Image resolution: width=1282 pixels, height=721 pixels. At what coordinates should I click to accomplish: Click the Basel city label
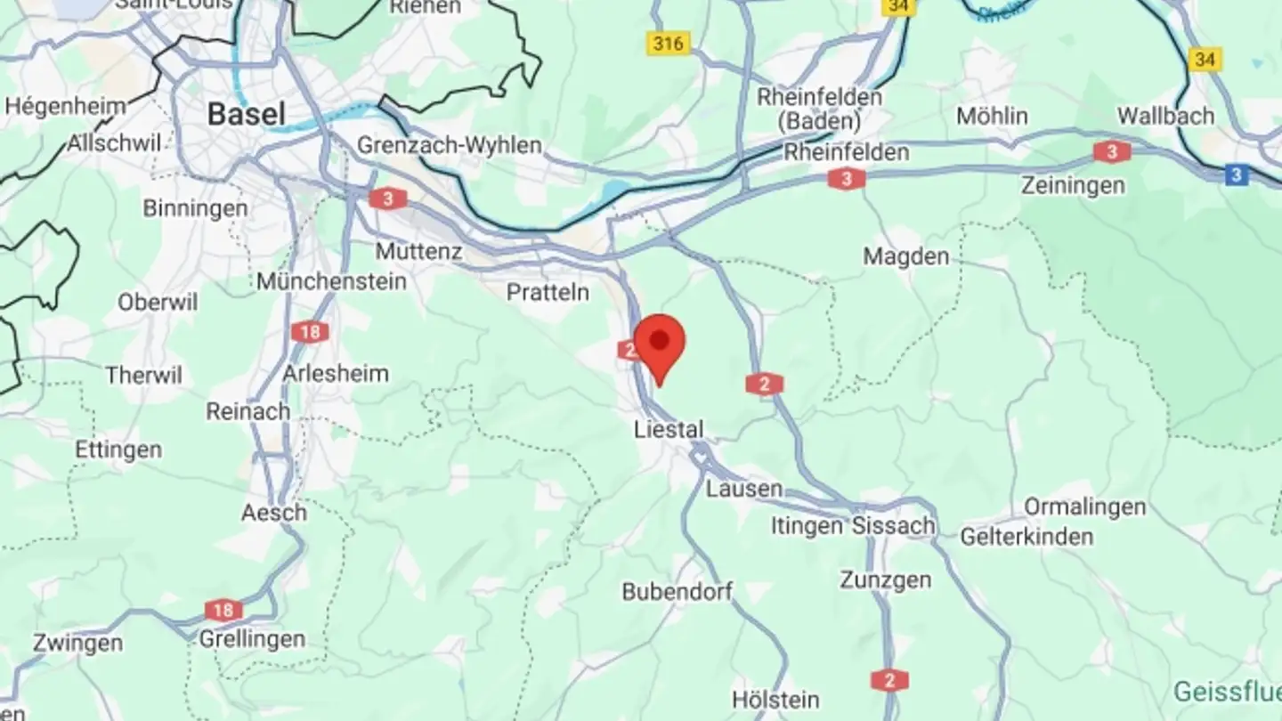[x=247, y=114]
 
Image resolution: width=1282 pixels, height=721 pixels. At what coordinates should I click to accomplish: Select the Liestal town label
[x=669, y=430]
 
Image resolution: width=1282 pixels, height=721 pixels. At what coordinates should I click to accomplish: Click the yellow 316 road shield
[x=668, y=42]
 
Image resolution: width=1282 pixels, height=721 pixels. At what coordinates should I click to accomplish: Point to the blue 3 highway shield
[x=1236, y=175]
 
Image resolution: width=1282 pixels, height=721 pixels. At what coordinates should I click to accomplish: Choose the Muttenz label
[x=418, y=252]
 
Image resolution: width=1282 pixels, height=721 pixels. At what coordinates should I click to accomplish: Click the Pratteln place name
[x=548, y=292]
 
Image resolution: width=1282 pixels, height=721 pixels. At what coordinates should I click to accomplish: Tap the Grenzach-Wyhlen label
[x=449, y=145]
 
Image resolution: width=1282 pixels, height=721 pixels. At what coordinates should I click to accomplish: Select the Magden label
[x=905, y=257]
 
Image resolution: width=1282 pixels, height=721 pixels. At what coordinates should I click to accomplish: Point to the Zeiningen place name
[x=1073, y=186]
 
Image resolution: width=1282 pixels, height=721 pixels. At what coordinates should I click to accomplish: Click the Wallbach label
[x=1165, y=117]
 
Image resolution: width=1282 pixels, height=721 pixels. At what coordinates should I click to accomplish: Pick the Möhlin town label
[x=992, y=117]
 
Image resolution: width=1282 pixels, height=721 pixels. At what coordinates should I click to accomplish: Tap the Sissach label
[x=893, y=526]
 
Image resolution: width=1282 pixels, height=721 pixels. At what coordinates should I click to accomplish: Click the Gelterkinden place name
[x=1026, y=537]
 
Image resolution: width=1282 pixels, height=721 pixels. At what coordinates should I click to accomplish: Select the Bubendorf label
[x=677, y=591]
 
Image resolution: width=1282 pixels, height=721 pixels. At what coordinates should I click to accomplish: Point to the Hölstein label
[x=775, y=700]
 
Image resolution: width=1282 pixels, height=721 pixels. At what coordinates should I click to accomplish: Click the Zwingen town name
[x=77, y=643]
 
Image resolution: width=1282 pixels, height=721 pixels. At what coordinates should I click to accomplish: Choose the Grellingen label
[x=251, y=639]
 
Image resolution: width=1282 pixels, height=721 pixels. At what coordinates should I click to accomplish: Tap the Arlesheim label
[x=335, y=374]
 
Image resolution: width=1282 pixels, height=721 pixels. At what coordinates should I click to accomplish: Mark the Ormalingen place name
[x=1084, y=507]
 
